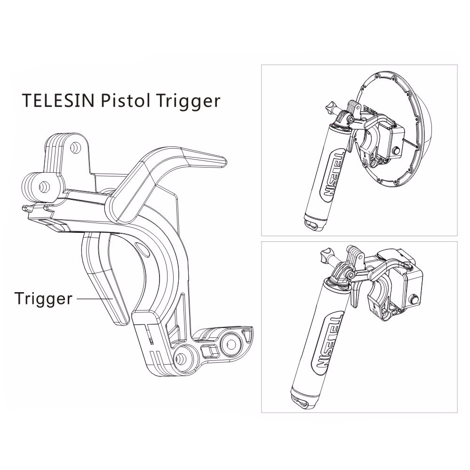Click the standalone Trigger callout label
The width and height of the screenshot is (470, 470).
(43, 299)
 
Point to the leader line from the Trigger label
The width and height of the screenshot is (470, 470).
(95, 299)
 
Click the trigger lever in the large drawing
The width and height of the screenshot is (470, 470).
(104, 279)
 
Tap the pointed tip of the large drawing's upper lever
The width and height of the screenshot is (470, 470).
(225, 161)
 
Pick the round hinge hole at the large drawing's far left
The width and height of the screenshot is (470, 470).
(42, 187)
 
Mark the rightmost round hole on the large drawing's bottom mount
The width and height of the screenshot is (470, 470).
(231, 343)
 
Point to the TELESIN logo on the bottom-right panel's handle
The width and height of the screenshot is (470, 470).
(323, 340)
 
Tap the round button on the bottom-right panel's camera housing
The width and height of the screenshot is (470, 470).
(416, 299)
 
